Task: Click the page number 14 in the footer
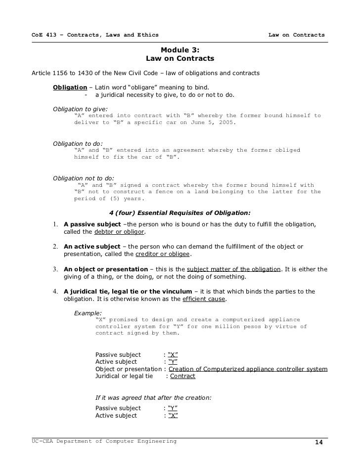318,442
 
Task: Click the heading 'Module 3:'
180,50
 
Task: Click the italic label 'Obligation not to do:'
83,178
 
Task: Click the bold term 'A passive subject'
92,224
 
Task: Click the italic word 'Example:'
88,313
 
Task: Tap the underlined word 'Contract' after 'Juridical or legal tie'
182,376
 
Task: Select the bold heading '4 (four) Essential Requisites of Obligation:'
180,213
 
